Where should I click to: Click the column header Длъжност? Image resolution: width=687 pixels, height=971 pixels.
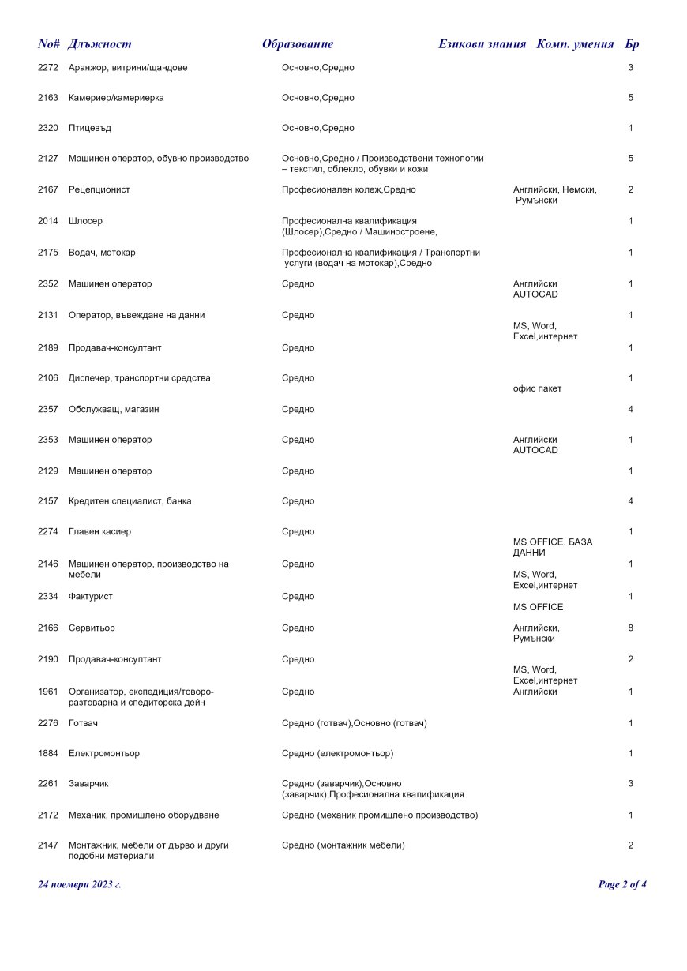[x=100, y=44]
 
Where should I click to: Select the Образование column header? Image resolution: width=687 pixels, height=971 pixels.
[x=298, y=44]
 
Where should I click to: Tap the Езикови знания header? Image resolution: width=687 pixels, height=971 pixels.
[x=482, y=44]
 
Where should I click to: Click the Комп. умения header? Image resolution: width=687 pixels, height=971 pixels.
[x=575, y=44]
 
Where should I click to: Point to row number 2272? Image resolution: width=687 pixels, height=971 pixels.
[x=48, y=68]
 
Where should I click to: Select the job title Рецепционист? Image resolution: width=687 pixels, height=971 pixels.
[x=99, y=189]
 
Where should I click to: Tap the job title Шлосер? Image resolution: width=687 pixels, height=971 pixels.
[x=85, y=221]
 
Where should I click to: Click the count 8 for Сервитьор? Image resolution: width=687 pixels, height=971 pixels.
[x=630, y=628]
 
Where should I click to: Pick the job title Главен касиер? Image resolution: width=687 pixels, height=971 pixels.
[x=100, y=532]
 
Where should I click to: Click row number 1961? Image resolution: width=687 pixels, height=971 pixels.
[x=48, y=692]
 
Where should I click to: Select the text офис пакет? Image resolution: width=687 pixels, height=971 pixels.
[x=538, y=388]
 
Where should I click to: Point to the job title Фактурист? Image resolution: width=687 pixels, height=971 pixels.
[x=90, y=597]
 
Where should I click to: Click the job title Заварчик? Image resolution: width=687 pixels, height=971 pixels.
[x=88, y=784]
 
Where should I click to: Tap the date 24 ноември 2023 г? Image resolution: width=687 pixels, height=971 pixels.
[x=80, y=884]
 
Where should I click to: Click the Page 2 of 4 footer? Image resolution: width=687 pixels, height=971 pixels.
[x=622, y=884]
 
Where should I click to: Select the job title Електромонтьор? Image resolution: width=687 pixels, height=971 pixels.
[x=104, y=754]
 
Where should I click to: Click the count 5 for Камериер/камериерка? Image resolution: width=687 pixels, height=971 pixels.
[x=630, y=98]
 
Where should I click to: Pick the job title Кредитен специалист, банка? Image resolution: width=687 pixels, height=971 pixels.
[x=130, y=501]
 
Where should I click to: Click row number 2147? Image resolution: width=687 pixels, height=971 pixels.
[x=48, y=845]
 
